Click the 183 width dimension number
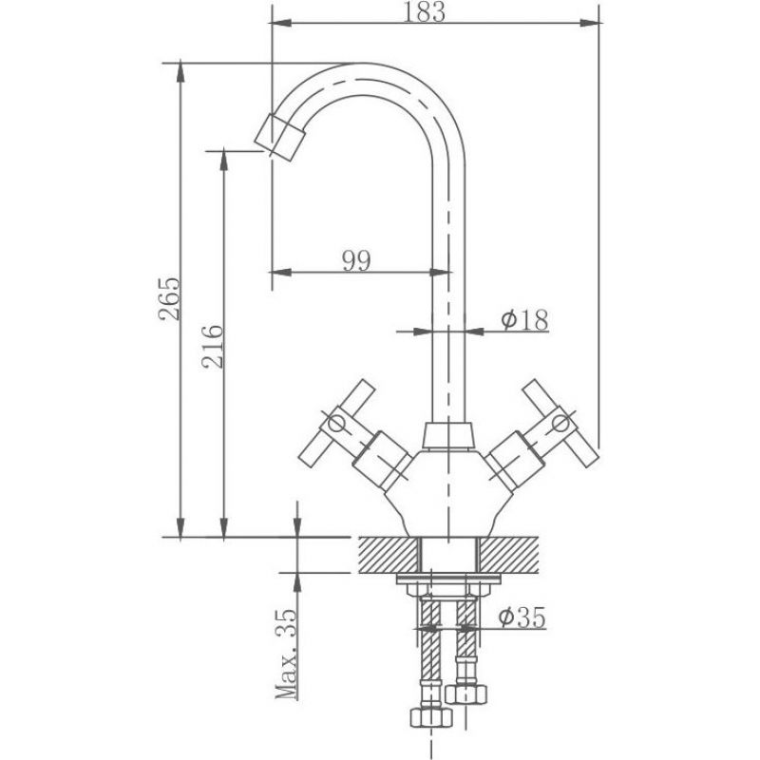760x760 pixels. pos(424,11)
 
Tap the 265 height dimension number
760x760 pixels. pos(169,298)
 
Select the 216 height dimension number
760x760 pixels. pos(213,347)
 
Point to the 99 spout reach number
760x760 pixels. pos(357,260)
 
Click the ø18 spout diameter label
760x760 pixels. pos(525,320)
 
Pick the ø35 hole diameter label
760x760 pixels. pos(522,617)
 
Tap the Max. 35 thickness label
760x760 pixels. pos(286,654)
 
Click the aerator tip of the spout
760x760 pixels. pos(279,137)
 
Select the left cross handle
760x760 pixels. pos(337,424)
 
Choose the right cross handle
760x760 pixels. pos(560,424)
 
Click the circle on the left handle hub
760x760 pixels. pos(335,424)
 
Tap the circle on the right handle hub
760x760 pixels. pos(561,424)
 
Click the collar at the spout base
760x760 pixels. pos(447,435)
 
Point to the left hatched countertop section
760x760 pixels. pos(389,555)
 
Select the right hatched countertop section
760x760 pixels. pos(509,555)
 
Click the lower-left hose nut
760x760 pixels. pos(431,717)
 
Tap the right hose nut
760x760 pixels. pos(466,694)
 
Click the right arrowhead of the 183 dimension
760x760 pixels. pos(590,23)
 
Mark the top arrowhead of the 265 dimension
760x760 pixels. pos(180,73)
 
